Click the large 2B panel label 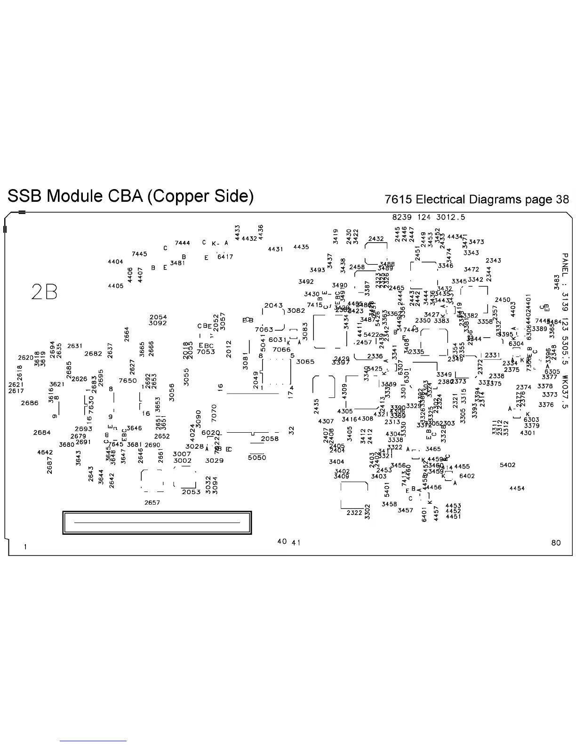[44, 292]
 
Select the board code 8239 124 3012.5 [429, 217]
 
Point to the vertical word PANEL [565, 266]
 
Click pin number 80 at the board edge [556, 543]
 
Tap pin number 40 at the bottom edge [282, 541]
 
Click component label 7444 [182, 243]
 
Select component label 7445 [139, 254]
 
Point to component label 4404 [115, 262]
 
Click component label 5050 [257, 457]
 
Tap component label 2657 [152, 502]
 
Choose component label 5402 [507, 465]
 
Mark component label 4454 [517, 488]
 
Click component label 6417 [225, 257]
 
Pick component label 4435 [301, 247]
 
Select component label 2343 [493, 261]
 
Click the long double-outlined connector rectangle [157, 523]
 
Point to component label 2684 [42, 432]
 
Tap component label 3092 [158, 323]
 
